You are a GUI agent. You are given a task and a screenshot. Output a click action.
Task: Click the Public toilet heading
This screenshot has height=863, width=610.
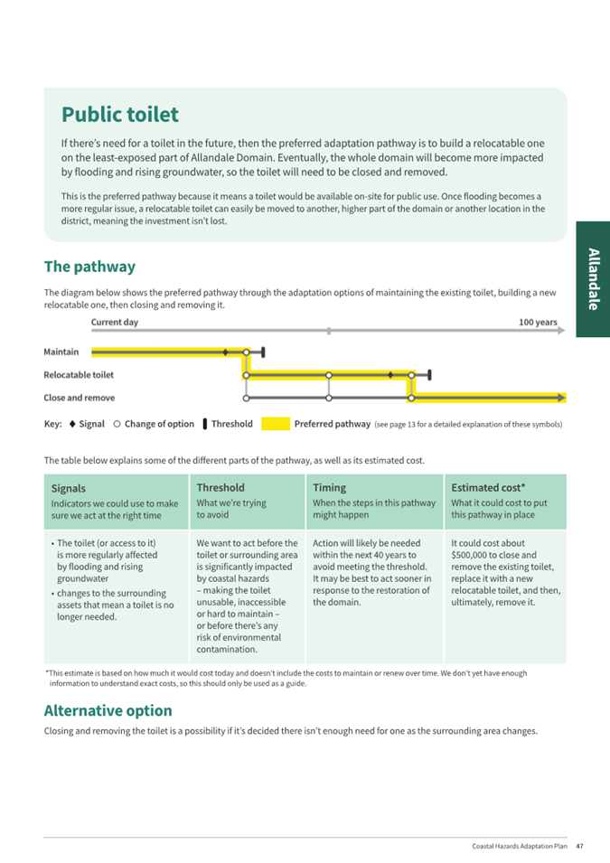pyautogui.click(x=120, y=115)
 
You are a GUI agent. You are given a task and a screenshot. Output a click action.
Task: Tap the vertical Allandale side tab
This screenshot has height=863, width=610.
pyautogui.click(x=593, y=278)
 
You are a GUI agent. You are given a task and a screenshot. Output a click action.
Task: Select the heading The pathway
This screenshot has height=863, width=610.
pyautogui.click(x=89, y=267)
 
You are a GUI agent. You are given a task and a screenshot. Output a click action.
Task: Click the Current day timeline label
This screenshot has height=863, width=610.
pyautogui.click(x=115, y=323)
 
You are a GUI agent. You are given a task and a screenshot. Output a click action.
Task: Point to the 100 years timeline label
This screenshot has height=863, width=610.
pyautogui.click(x=538, y=323)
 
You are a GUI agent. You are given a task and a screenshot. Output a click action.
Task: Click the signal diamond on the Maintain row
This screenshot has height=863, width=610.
pyautogui.click(x=225, y=352)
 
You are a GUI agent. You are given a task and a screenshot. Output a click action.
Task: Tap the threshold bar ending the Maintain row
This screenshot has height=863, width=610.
pyautogui.click(x=262, y=352)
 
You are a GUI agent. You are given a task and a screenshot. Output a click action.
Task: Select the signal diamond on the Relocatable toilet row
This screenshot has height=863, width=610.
pyautogui.click(x=390, y=374)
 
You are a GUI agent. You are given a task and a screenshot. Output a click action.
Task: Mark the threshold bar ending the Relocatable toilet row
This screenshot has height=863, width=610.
pyautogui.click(x=429, y=374)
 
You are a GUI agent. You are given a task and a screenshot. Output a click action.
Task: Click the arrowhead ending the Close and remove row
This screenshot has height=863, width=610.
pyautogui.click(x=562, y=398)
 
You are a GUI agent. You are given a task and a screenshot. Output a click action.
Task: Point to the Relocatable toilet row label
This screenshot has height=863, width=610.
pyautogui.click(x=79, y=374)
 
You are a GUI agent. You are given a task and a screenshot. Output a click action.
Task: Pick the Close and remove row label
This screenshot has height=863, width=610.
pyautogui.click(x=79, y=398)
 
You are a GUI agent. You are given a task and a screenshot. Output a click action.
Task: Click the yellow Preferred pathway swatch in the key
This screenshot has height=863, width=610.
pyautogui.click(x=277, y=424)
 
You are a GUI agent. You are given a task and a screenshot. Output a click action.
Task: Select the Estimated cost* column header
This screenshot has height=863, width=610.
pyautogui.click(x=488, y=487)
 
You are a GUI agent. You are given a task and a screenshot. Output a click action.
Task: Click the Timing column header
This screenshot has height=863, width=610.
pyautogui.click(x=329, y=487)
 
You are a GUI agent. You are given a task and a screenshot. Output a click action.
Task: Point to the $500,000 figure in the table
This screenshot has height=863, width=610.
pyautogui.click(x=471, y=556)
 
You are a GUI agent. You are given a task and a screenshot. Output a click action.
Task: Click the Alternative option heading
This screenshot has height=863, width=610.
pyautogui.click(x=108, y=710)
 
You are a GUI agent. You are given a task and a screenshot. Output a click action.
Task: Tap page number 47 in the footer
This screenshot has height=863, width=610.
pyautogui.click(x=579, y=846)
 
